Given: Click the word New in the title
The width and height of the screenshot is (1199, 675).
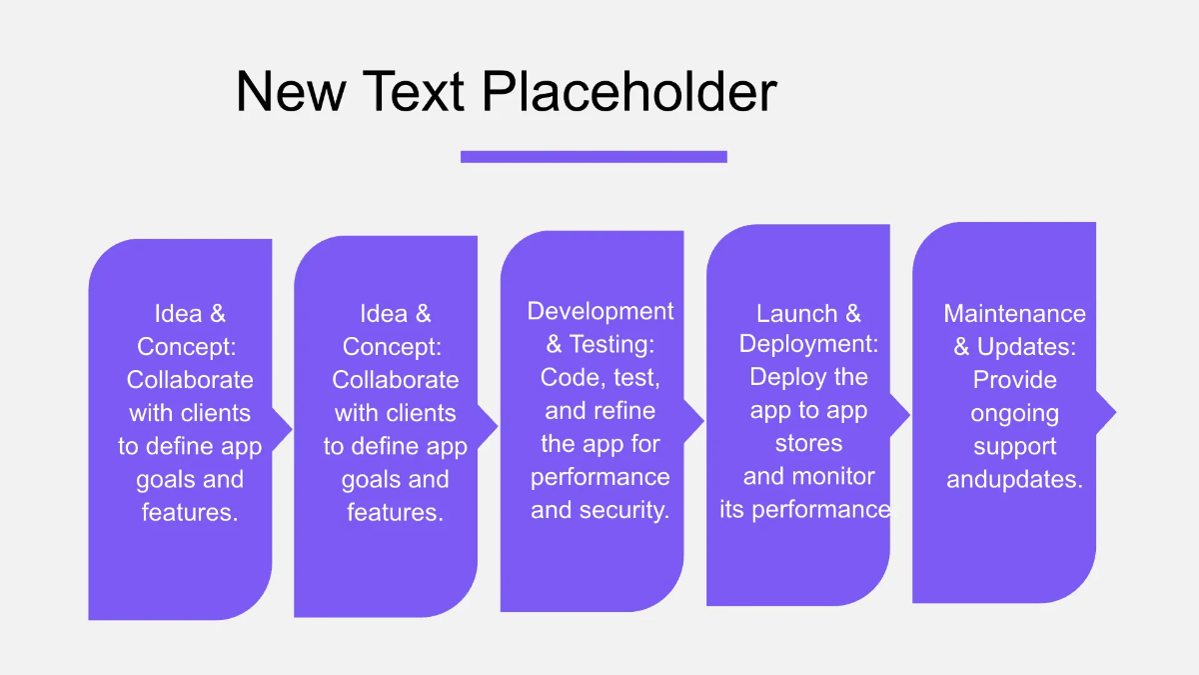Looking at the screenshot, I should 291,91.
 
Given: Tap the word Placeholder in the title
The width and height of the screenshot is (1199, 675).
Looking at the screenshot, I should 629,91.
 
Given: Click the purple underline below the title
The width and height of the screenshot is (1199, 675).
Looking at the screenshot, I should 594,156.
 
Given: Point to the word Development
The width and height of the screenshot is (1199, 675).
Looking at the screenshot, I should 600,311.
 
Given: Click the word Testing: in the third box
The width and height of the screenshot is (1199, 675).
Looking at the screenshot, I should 612,344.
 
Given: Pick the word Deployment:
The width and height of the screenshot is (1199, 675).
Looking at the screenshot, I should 808,344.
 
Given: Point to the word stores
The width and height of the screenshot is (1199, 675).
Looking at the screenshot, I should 808,443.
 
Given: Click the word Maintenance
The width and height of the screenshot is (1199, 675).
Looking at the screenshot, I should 1014,313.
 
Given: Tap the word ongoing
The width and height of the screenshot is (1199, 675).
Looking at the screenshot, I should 1014,413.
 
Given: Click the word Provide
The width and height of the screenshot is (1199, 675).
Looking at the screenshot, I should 1014,380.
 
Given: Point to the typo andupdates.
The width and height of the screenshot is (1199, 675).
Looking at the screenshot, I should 1014,480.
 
